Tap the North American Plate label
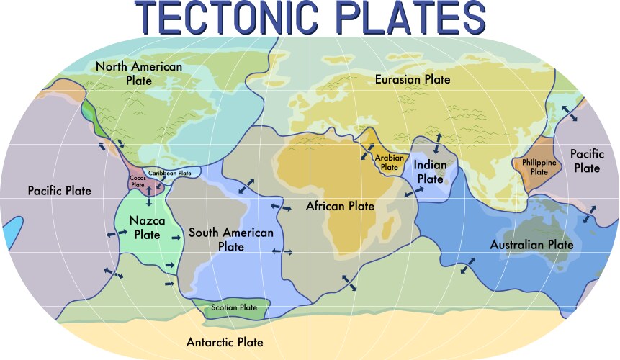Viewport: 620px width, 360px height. [x=139, y=73]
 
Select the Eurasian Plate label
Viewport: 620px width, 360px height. [x=413, y=79]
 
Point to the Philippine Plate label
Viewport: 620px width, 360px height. [x=539, y=168]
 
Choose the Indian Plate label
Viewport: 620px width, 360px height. [x=431, y=171]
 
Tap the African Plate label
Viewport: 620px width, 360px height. [x=340, y=206]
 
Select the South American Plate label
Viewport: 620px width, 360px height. [x=230, y=240]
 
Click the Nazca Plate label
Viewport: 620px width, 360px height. [x=146, y=228]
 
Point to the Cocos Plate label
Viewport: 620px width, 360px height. [x=138, y=181]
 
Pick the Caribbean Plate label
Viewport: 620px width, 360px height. [x=170, y=174]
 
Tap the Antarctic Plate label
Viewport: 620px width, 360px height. [x=225, y=342]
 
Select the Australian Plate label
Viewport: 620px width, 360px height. [x=531, y=245]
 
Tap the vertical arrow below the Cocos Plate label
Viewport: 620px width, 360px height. [x=149, y=197]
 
